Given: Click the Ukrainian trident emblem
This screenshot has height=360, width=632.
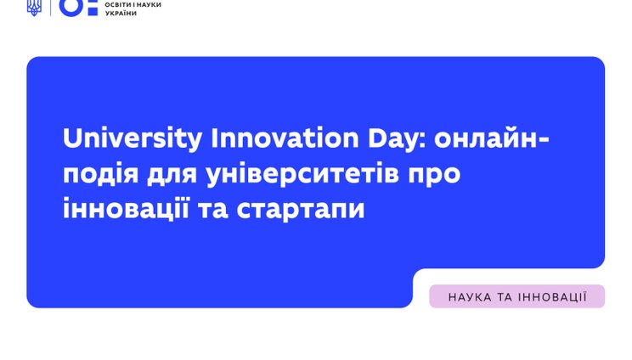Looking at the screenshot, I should [34, 8].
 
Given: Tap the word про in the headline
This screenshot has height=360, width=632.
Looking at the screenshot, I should [434, 174].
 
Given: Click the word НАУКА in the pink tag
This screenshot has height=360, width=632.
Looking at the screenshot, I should [470, 296].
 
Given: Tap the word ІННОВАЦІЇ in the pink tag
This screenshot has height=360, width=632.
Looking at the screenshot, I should [554, 296].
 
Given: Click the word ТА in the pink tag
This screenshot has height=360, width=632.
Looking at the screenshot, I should [507, 296].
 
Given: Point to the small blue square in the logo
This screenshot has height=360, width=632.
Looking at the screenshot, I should [93, 8].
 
